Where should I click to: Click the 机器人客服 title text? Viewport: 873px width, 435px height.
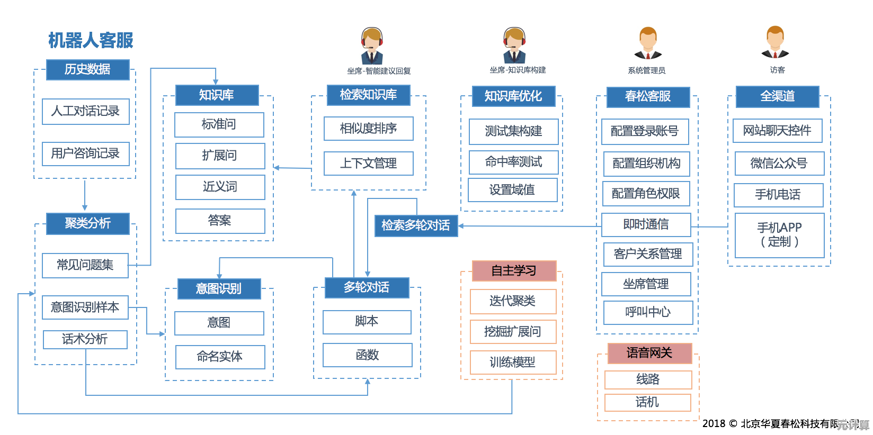tap(91, 40)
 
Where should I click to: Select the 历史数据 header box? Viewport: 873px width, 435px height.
tap(88, 69)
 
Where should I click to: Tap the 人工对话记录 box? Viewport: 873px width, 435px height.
tap(86, 111)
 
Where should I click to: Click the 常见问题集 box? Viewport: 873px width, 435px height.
tap(85, 265)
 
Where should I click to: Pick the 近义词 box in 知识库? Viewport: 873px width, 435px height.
tap(220, 187)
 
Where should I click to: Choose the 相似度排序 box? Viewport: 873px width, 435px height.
tap(369, 129)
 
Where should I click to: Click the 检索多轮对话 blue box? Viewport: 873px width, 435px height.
tap(416, 225)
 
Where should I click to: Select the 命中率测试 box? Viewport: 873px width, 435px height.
tap(513, 162)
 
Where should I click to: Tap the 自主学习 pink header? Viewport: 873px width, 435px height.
tap(514, 271)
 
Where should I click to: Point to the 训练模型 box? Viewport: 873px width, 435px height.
tap(513, 362)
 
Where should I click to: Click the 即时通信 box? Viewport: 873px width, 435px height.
tap(646, 225)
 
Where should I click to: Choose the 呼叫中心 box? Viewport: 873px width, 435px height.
tap(648, 312)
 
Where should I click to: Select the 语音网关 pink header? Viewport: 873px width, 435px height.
tap(649, 353)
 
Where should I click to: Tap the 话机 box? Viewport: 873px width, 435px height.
tap(647, 403)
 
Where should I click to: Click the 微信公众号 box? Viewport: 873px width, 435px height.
tap(779, 164)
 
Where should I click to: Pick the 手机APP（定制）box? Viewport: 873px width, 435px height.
tap(779, 235)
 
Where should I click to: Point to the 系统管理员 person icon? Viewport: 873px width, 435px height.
tap(648, 43)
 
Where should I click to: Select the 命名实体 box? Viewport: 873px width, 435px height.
tap(220, 357)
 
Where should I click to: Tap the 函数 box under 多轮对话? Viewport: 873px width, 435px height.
tap(368, 355)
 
